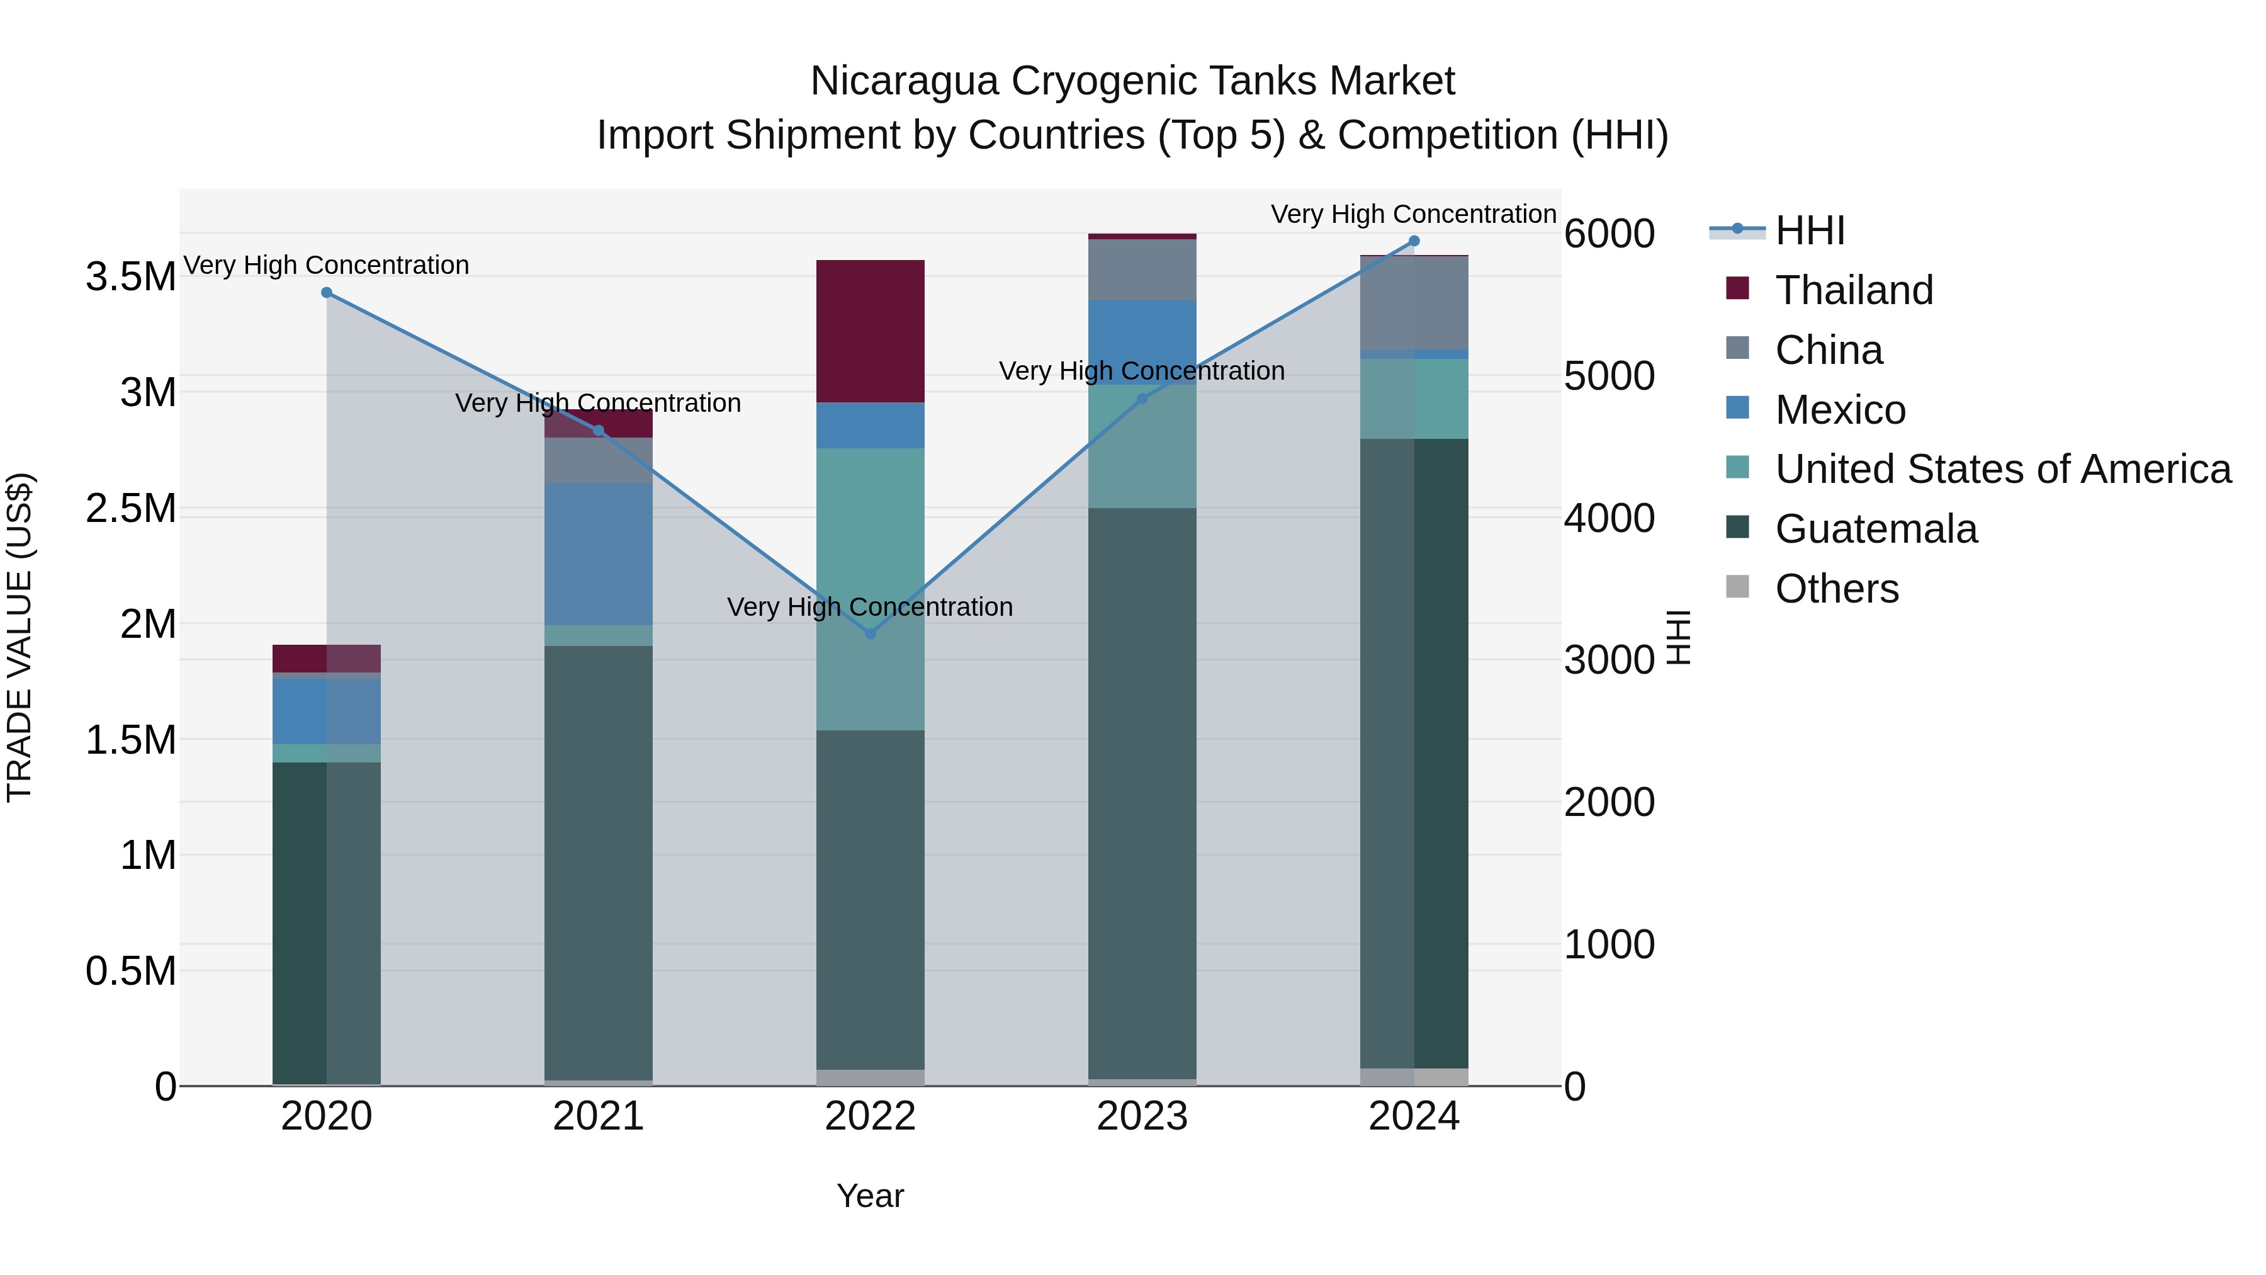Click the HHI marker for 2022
tap(870, 633)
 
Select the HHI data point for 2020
tap(326, 292)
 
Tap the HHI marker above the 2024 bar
tap(1414, 241)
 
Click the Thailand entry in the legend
tap(1854, 290)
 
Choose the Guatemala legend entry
tap(1876, 529)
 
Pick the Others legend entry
tap(1837, 589)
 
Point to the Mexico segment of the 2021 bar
tap(598, 553)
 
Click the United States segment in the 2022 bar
tap(870, 589)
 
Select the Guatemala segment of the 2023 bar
tap(1142, 792)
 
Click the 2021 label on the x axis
tap(598, 1116)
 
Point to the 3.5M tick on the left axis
tap(130, 277)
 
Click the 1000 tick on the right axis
tap(1609, 944)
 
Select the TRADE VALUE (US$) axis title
tap(20, 637)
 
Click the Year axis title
tap(870, 1196)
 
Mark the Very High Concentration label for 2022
tap(870, 607)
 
